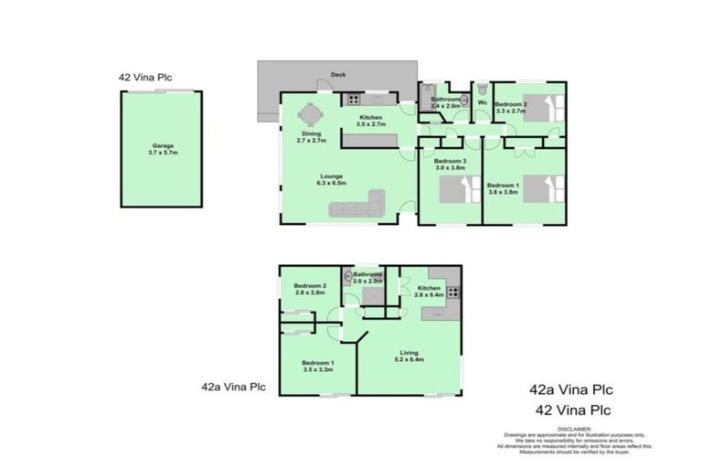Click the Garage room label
click(152, 148)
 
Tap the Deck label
click(337, 76)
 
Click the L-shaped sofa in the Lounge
click(360, 207)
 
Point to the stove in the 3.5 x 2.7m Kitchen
click(352, 100)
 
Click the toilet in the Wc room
click(481, 91)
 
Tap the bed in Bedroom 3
click(455, 190)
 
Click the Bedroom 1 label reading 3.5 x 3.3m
click(317, 367)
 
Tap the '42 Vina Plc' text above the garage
click(145, 78)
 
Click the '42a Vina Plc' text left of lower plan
click(233, 387)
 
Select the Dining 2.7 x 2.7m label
click(311, 138)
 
